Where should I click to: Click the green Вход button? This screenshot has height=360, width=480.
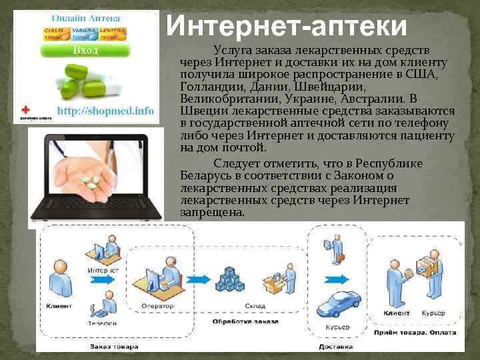pos(86,51)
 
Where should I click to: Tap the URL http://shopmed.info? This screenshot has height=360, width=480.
pos(105,111)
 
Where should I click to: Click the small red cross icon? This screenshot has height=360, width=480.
pos(26,109)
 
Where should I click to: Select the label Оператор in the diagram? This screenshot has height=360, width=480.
pos(157,306)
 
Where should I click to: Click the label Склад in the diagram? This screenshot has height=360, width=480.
pos(236,306)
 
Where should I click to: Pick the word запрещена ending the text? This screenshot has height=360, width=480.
pos(213,212)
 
